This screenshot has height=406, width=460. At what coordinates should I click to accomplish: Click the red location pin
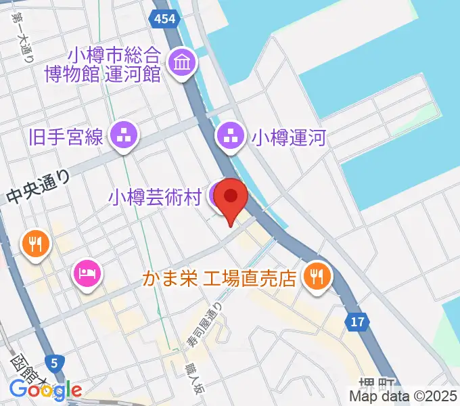(231, 198)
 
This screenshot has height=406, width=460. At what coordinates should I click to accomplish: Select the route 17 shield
(359, 323)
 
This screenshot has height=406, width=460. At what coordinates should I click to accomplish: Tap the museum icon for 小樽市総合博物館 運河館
(183, 64)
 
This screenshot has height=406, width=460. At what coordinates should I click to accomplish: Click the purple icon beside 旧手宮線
(124, 138)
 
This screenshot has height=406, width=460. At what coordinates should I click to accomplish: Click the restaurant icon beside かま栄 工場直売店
(316, 275)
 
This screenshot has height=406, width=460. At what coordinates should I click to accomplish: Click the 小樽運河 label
(289, 139)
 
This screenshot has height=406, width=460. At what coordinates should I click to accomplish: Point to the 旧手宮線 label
(66, 139)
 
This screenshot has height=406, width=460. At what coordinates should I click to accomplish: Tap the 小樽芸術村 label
(155, 198)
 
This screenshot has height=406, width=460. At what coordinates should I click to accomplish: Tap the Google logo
(45, 390)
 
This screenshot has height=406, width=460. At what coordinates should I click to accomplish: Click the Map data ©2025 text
(403, 396)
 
